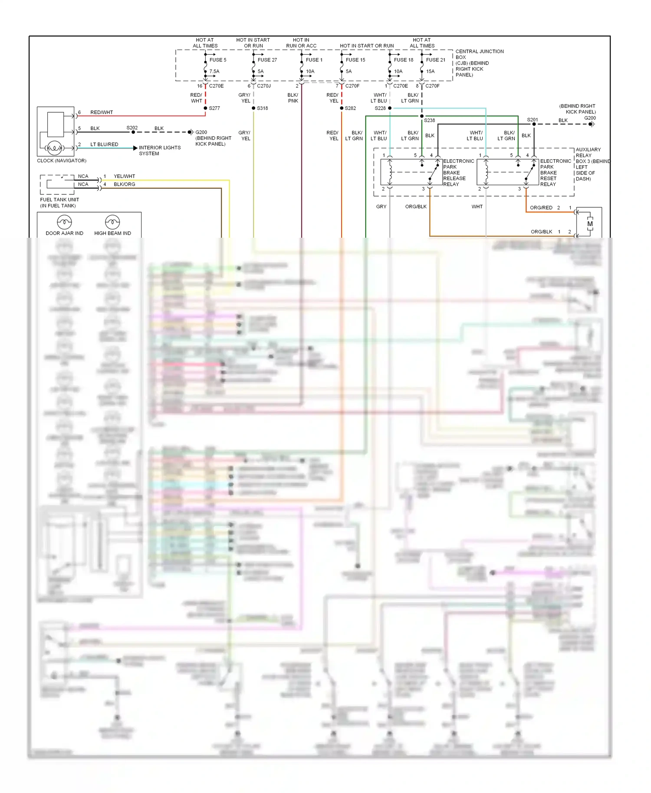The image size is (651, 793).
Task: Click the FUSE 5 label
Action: pos(217,60)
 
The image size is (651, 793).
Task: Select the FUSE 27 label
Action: pos(267,60)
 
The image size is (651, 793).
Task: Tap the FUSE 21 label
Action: pos(435,60)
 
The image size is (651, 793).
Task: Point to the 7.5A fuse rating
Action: pos(214,72)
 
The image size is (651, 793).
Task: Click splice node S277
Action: pos(205,108)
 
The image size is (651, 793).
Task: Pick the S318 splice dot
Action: pos(253,108)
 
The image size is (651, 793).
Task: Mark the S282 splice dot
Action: pos(342,108)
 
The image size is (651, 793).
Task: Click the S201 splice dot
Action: pos(534,124)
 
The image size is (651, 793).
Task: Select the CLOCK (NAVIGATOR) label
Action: pos(62,161)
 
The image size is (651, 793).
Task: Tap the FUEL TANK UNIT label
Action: pos(59,200)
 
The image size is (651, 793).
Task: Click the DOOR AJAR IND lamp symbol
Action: pos(64,222)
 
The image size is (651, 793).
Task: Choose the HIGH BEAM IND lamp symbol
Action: pos(112,222)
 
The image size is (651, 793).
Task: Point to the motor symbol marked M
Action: pos(590,224)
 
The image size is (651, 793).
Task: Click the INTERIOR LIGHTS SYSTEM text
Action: pos(159,151)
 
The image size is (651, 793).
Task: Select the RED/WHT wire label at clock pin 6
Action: pos(102,112)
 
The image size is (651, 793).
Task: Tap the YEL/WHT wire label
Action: pos(124,177)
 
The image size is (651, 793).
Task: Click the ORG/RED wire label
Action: pos(541,208)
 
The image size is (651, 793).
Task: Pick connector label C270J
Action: pos(263,86)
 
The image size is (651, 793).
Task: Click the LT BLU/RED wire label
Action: pos(104,144)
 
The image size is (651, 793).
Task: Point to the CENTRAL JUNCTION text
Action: pos(479,52)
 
